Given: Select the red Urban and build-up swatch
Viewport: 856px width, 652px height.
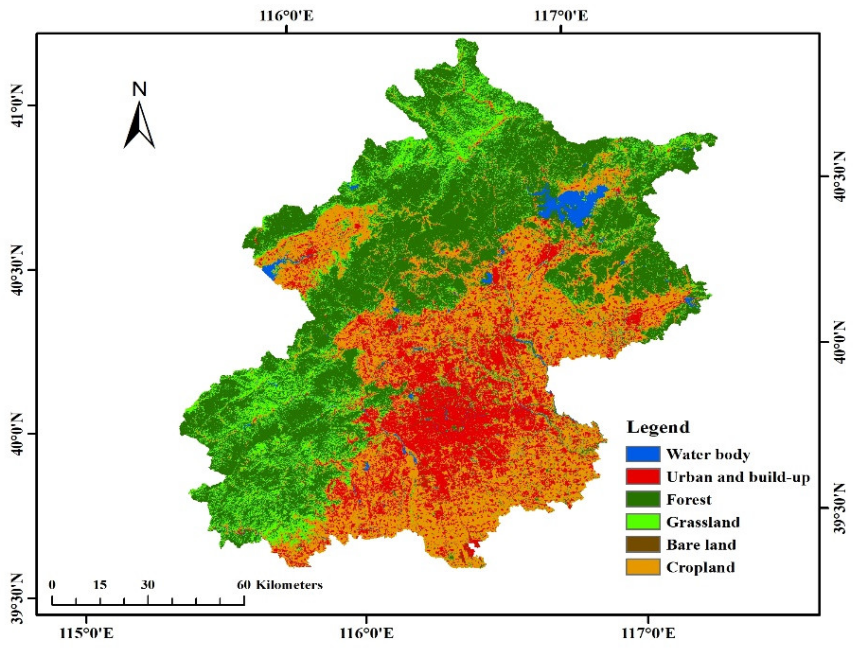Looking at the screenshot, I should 642,476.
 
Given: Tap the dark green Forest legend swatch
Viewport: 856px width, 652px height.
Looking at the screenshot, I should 642,499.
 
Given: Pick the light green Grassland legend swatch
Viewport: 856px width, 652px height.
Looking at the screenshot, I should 642,521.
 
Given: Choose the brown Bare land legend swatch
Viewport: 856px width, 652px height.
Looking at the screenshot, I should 642,544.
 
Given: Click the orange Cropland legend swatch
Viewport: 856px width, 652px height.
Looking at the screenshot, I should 642,567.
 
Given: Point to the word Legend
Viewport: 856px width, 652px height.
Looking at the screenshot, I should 658,427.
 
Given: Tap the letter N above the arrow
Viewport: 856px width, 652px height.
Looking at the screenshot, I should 139,89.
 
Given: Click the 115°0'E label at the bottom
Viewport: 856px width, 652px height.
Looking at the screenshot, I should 86,633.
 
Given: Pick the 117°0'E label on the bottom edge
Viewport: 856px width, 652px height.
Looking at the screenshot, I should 648,633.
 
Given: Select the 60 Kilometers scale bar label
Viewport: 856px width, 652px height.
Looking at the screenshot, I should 280,585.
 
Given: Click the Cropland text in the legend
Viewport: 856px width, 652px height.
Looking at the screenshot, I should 701,567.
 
